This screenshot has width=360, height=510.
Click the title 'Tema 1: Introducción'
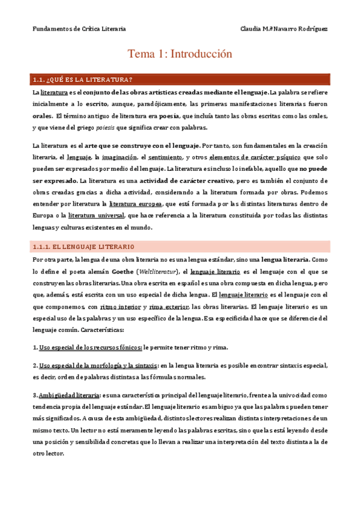[180, 54]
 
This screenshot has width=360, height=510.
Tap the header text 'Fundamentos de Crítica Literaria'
[79, 28]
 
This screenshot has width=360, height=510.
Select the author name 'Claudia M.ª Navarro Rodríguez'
[284, 28]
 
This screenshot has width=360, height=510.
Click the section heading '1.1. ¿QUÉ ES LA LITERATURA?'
[84, 79]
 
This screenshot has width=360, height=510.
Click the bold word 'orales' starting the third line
[43, 116]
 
